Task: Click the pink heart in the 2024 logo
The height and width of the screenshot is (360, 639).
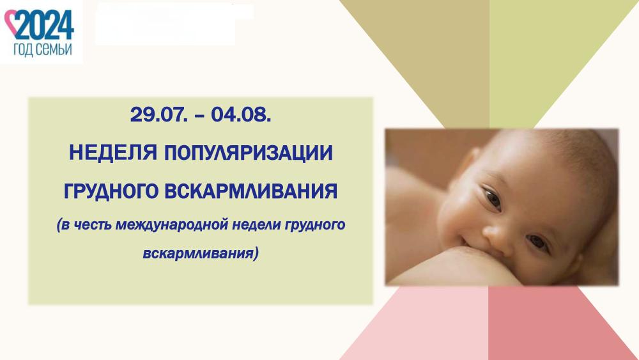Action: click(x=12, y=23)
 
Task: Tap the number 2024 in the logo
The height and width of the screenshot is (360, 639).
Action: click(x=45, y=24)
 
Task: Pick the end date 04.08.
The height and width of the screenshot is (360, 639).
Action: click(x=241, y=114)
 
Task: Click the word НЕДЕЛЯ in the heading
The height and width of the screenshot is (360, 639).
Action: click(x=113, y=153)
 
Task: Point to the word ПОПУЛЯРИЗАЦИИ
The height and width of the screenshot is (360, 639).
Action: click(x=249, y=153)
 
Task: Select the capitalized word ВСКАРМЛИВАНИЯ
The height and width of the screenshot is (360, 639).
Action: click(x=251, y=191)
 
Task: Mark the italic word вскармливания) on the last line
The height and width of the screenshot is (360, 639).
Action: click(x=201, y=253)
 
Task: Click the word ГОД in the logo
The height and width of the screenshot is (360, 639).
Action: click(x=23, y=50)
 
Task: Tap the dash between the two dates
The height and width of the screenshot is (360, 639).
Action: click(x=199, y=116)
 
